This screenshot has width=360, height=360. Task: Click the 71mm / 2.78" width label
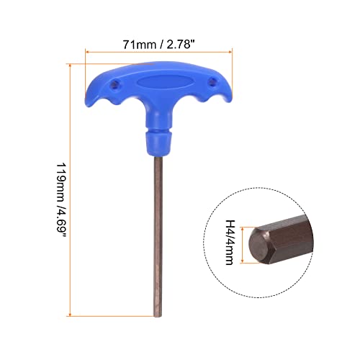tap(160, 45)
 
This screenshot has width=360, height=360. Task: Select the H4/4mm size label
tap(231, 244)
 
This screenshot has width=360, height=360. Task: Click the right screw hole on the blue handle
tap(210, 81)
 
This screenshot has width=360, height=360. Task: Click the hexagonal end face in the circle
tap(262, 245)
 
